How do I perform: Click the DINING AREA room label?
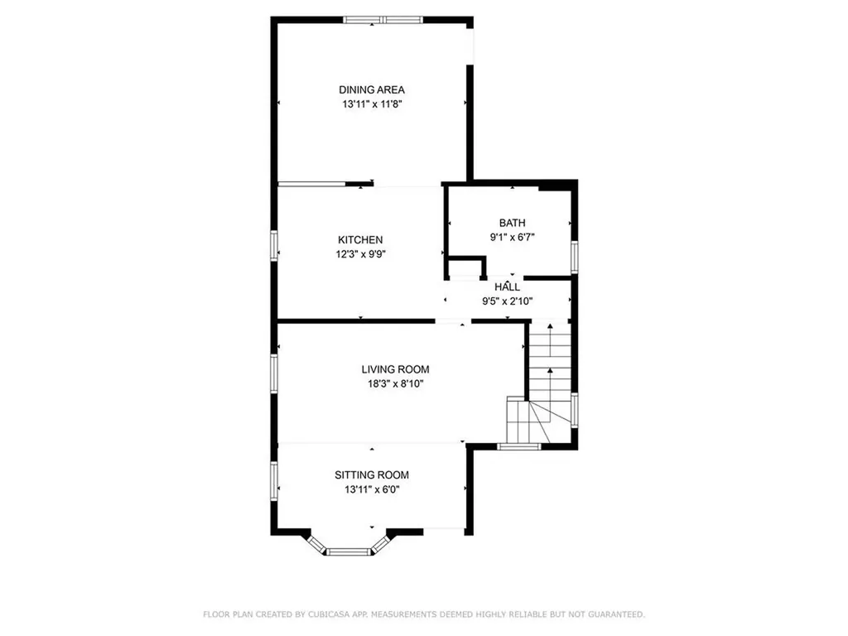371,89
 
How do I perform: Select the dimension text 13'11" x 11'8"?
371,104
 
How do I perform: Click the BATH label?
512,223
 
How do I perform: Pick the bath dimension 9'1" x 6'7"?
512,237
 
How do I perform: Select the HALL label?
508,287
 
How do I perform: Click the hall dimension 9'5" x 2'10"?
508,301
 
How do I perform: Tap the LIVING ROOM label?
395,369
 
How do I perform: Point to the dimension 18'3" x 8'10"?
395,383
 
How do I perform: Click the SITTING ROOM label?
372,475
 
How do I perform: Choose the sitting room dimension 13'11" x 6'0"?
372,489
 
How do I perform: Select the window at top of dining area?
383,19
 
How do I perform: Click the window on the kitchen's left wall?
274,247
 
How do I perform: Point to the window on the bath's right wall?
574,256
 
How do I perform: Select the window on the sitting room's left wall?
274,481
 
